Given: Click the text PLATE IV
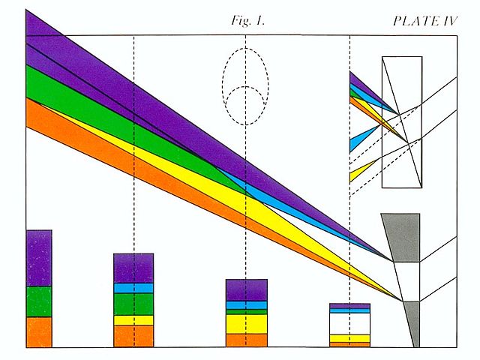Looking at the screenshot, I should (425, 21).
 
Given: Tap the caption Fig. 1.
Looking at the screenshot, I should (247, 21).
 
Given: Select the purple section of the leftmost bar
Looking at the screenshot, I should (39, 258).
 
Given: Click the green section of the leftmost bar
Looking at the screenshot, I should (39, 301).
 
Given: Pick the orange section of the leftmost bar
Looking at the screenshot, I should (39, 331).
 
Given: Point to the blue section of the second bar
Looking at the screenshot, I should (133, 288).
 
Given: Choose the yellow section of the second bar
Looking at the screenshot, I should (133, 320).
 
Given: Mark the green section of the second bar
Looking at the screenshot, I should (133, 304).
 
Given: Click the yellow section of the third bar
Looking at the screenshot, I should (247, 323).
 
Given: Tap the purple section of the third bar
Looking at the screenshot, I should (247, 289).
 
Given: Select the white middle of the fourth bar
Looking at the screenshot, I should (349, 323).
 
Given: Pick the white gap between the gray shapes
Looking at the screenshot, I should (405, 281).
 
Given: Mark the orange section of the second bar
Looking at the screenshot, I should (133, 336).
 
